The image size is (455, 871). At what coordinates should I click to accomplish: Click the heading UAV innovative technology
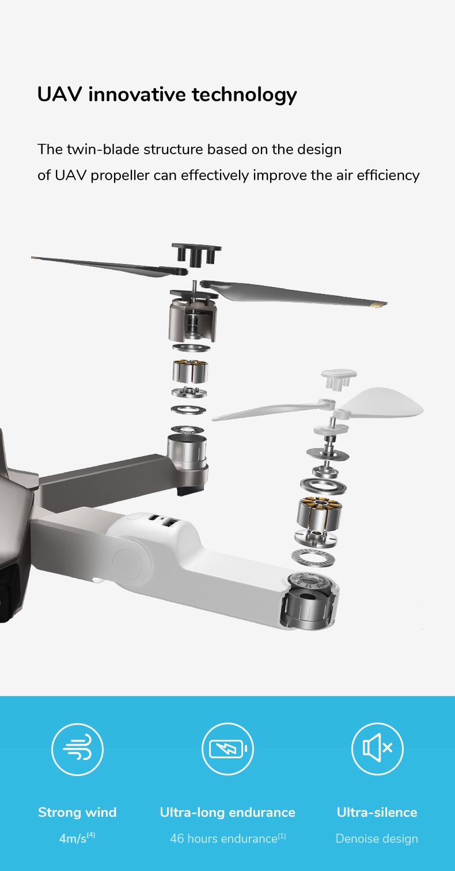(x=167, y=94)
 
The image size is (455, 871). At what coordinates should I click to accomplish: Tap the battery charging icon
(x=227, y=748)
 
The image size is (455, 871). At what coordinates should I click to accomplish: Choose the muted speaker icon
(x=377, y=748)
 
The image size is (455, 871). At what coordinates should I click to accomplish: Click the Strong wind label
(x=77, y=812)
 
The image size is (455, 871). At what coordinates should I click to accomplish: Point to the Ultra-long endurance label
(x=227, y=812)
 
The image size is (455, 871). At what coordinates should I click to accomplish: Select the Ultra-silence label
(x=377, y=812)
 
